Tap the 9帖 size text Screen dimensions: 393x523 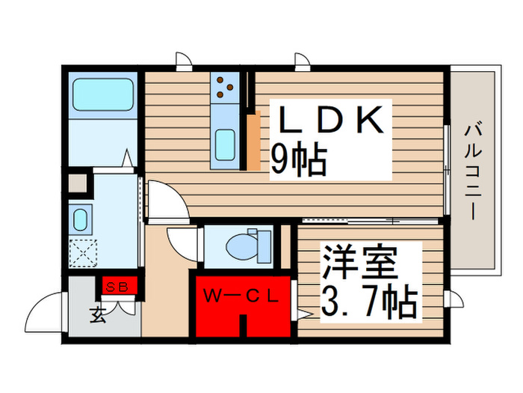pos(297,160)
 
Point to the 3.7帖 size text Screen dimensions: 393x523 pos(368,302)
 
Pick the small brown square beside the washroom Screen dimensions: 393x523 pos(78,183)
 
